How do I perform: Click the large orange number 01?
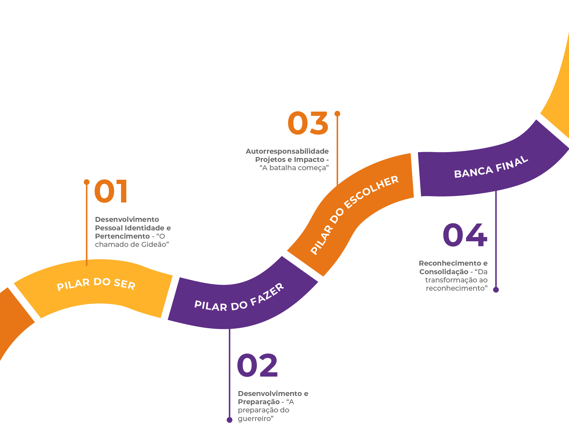(x=111, y=192)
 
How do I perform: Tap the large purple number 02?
(x=257, y=365)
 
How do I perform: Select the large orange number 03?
(x=308, y=123)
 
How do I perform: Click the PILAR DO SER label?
(x=96, y=284)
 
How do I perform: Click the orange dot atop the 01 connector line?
(x=87, y=182)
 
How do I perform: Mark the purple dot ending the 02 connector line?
(x=230, y=420)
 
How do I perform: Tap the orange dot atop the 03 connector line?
(x=337, y=114)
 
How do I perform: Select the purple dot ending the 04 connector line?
(x=496, y=290)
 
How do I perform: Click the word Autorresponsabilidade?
(x=287, y=151)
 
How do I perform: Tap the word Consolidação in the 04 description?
(x=444, y=272)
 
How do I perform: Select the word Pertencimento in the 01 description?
(x=122, y=236)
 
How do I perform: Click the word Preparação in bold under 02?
(x=259, y=402)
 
